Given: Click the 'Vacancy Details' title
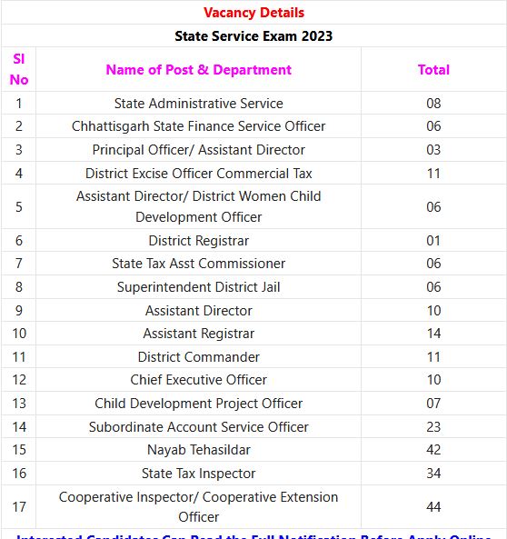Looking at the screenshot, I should click(x=253, y=13).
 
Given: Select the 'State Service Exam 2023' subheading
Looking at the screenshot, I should click(x=253, y=36).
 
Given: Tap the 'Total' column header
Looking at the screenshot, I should click(x=433, y=69).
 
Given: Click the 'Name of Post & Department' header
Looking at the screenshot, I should click(x=198, y=69).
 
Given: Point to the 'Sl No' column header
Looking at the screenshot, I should click(x=19, y=69).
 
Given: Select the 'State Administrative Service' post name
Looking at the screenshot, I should click(x=198, y=104).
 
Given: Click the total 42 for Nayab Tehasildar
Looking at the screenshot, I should click(x=433, y=450).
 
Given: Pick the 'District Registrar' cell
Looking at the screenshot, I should click(x=198, y=241).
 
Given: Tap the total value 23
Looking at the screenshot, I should click(x=433, y=427).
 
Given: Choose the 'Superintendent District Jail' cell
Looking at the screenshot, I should click(x=198, y=287).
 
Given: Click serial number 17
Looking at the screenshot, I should click(x=19, y=507).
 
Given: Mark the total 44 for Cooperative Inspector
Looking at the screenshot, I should click(x=433, y=507).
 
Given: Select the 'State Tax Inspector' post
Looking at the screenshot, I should click(x=198, y=474).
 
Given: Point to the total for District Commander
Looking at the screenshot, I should click(x=433, y=357).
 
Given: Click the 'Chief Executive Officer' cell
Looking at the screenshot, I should click(x=198, y=380).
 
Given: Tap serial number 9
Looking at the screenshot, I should click(x=19, y=311).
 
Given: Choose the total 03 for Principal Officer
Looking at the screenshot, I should click(x=433, y=150).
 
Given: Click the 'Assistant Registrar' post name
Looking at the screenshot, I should click(x=198, y=334).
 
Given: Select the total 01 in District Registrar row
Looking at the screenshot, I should click(x=433, y=241).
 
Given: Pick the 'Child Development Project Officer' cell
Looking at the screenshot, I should click(x=198, y=404).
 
